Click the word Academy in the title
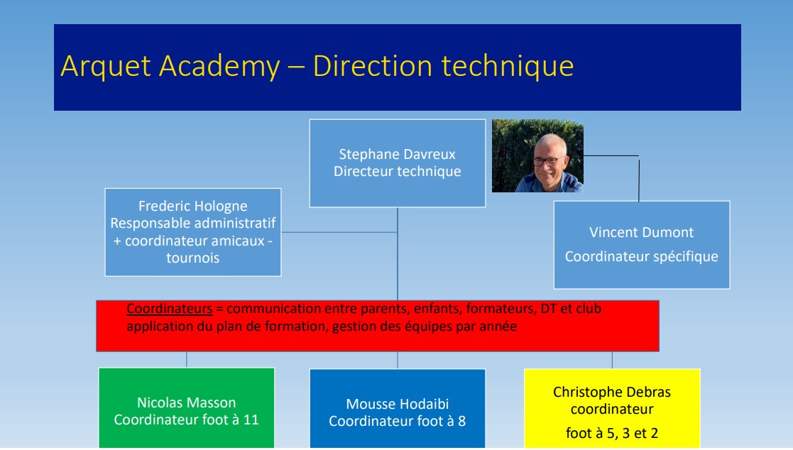click(x=219, y=67)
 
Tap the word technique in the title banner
click(x=508, y=67)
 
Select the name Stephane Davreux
click(x=397, y=154)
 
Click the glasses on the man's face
click(x=548, y=161)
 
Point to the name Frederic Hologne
click(x=192, y=207)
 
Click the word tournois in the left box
click(x=192, y=258)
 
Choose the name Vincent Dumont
click(x=641, y=233)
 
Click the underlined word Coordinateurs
click(x=170, y=309)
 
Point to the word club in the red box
click(x=588, y=309)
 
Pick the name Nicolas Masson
click(x=186, y=402)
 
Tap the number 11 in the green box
click(x=251, y=419)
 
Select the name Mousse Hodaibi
click(x=397, y=404)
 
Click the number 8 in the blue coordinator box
click(x=461, y=421)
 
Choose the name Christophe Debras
click(x=612, y=392)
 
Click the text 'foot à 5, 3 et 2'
click(x=612, y=433)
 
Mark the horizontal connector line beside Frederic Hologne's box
click(x=339, y=233)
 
